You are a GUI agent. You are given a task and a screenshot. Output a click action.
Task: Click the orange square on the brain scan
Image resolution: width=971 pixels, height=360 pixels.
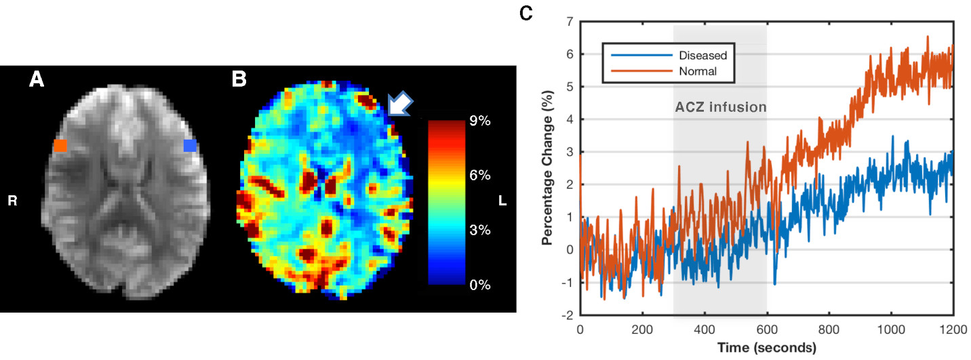61,145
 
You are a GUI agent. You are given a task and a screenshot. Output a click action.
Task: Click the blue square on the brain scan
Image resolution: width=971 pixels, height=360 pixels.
191,145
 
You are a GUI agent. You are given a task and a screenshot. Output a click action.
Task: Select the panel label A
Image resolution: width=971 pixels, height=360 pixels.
37,81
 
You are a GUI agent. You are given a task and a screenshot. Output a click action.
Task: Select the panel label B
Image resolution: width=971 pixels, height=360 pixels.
239,81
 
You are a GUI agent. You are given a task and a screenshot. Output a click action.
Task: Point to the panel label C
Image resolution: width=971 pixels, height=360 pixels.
526,13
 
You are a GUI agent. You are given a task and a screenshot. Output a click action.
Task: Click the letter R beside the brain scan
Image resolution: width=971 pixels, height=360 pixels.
12,200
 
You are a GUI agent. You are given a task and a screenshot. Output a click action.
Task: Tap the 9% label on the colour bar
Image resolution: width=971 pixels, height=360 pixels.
480,121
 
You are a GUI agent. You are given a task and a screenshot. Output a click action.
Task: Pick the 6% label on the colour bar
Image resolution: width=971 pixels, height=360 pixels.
480,176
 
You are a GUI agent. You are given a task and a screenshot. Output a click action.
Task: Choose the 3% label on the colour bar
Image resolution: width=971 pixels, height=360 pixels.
480,231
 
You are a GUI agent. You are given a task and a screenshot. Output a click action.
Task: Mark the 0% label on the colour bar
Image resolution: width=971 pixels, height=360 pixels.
480,285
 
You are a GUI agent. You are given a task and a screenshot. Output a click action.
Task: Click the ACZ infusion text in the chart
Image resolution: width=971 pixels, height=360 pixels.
720,107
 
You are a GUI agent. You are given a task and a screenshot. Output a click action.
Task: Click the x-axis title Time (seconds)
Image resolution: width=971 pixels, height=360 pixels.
766,348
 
